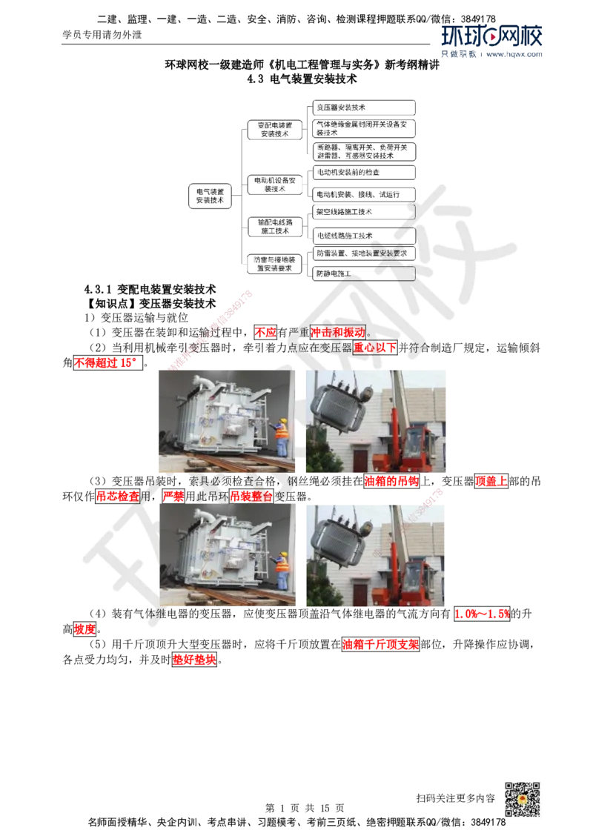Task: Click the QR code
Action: [x=522, y=800]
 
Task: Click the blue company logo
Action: [x=492, y=42]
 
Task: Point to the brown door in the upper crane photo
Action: [x=360, y=460]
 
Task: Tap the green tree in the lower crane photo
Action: [x=322, y=589]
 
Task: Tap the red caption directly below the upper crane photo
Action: [x=391, y=481]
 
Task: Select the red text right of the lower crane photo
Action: [x=481, y=614]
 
